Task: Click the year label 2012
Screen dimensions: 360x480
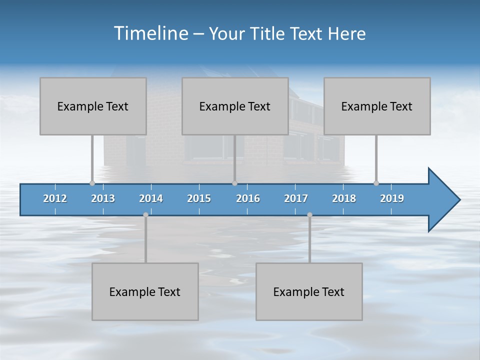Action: point(55,198)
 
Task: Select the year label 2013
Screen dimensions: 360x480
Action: point(103,198)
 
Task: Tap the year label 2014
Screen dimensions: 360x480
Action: point(151,198)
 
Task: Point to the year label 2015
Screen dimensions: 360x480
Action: point(199,198)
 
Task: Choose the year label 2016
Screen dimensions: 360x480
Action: point(248,198)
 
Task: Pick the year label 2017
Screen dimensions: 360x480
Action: point(296,198)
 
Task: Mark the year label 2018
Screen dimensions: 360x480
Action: point(344,198)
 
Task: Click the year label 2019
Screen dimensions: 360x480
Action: point(392,198)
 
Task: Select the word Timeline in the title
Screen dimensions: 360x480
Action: point(150,33)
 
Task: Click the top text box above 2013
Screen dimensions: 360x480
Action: point(93,106)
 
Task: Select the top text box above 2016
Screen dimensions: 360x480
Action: point(235,106)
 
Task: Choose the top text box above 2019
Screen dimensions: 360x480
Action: point(377,106)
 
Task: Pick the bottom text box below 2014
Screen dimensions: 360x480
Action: point(145,291)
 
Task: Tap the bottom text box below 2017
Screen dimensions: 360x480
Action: point(309,291)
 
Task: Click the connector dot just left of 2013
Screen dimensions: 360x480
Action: point(92,183)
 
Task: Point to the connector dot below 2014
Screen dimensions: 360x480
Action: point(145,214)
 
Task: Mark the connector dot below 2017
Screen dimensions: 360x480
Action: point(309,214)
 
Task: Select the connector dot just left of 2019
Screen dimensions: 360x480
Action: point(376,183)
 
